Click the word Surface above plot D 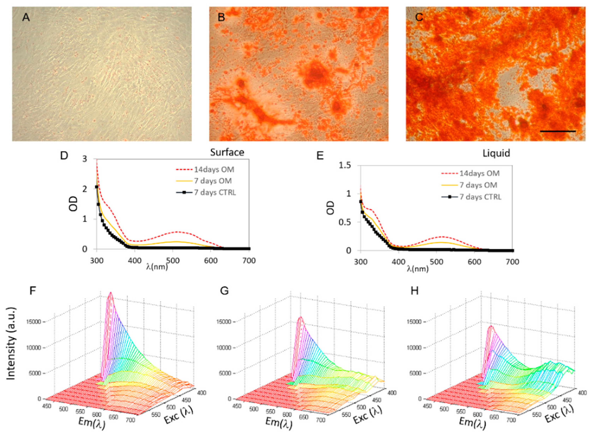click(227, 152)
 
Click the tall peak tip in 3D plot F click(111, 293)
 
